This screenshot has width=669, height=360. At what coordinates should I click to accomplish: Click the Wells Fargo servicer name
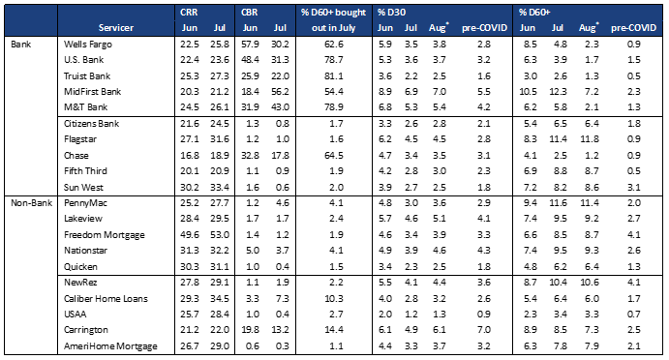click(87, 44)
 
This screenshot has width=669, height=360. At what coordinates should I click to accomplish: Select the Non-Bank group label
click(31, 202)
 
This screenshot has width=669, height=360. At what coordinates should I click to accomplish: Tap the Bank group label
click(20, 44)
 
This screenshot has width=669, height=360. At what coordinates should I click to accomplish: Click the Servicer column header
click(115, 28)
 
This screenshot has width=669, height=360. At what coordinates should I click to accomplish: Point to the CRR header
click(189, 13)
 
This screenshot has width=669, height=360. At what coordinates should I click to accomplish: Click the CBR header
click(249, 13)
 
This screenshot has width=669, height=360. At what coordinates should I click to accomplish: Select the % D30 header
click(391, 13)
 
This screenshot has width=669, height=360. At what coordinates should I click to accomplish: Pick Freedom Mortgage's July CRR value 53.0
click(220, 234)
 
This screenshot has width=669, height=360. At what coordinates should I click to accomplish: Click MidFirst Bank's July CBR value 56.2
click(280, 91)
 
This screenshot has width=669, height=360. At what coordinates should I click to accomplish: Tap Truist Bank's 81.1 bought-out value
click(334, 75)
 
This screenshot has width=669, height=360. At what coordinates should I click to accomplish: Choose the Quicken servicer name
click(80, 266)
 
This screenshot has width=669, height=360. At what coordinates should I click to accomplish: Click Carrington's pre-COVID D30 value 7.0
click(484, 330)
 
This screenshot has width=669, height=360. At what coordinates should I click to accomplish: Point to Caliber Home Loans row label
click(106, 299)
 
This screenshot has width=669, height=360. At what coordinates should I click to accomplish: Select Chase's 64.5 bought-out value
click(334, 155)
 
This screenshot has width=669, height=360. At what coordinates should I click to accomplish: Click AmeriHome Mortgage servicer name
click(110, 345)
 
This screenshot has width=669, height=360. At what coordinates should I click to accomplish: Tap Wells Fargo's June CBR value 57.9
click(250, 44)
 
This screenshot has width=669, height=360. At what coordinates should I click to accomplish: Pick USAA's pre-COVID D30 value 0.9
click(484, 314)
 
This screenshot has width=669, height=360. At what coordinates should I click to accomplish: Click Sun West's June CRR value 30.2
click(189, 187)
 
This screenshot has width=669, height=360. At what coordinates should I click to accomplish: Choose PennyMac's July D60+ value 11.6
click(558, 202)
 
